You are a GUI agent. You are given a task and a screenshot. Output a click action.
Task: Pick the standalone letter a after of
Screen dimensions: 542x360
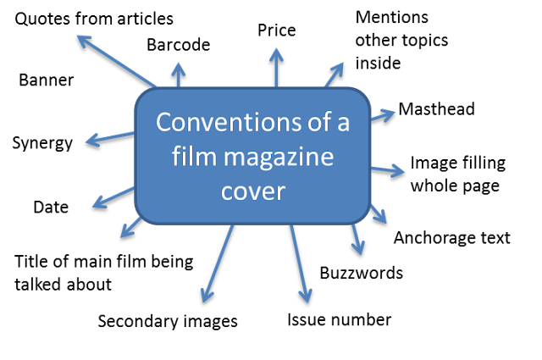[x=343, y=125]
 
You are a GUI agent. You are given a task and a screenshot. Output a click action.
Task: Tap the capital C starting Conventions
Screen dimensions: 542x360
[x=163, y=124]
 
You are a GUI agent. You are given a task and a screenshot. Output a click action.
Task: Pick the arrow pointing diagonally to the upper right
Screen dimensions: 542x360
[x=335, y=74]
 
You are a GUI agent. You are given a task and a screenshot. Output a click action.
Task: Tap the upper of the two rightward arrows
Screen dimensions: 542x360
[x=383, y=114]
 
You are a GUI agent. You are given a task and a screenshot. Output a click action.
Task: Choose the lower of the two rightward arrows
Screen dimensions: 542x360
[x=388, y=169]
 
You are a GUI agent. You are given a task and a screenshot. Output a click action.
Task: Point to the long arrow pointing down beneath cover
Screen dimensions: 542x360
[x=298, y=263]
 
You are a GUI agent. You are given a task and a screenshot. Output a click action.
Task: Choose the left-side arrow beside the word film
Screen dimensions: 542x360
[x=113, y=197]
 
